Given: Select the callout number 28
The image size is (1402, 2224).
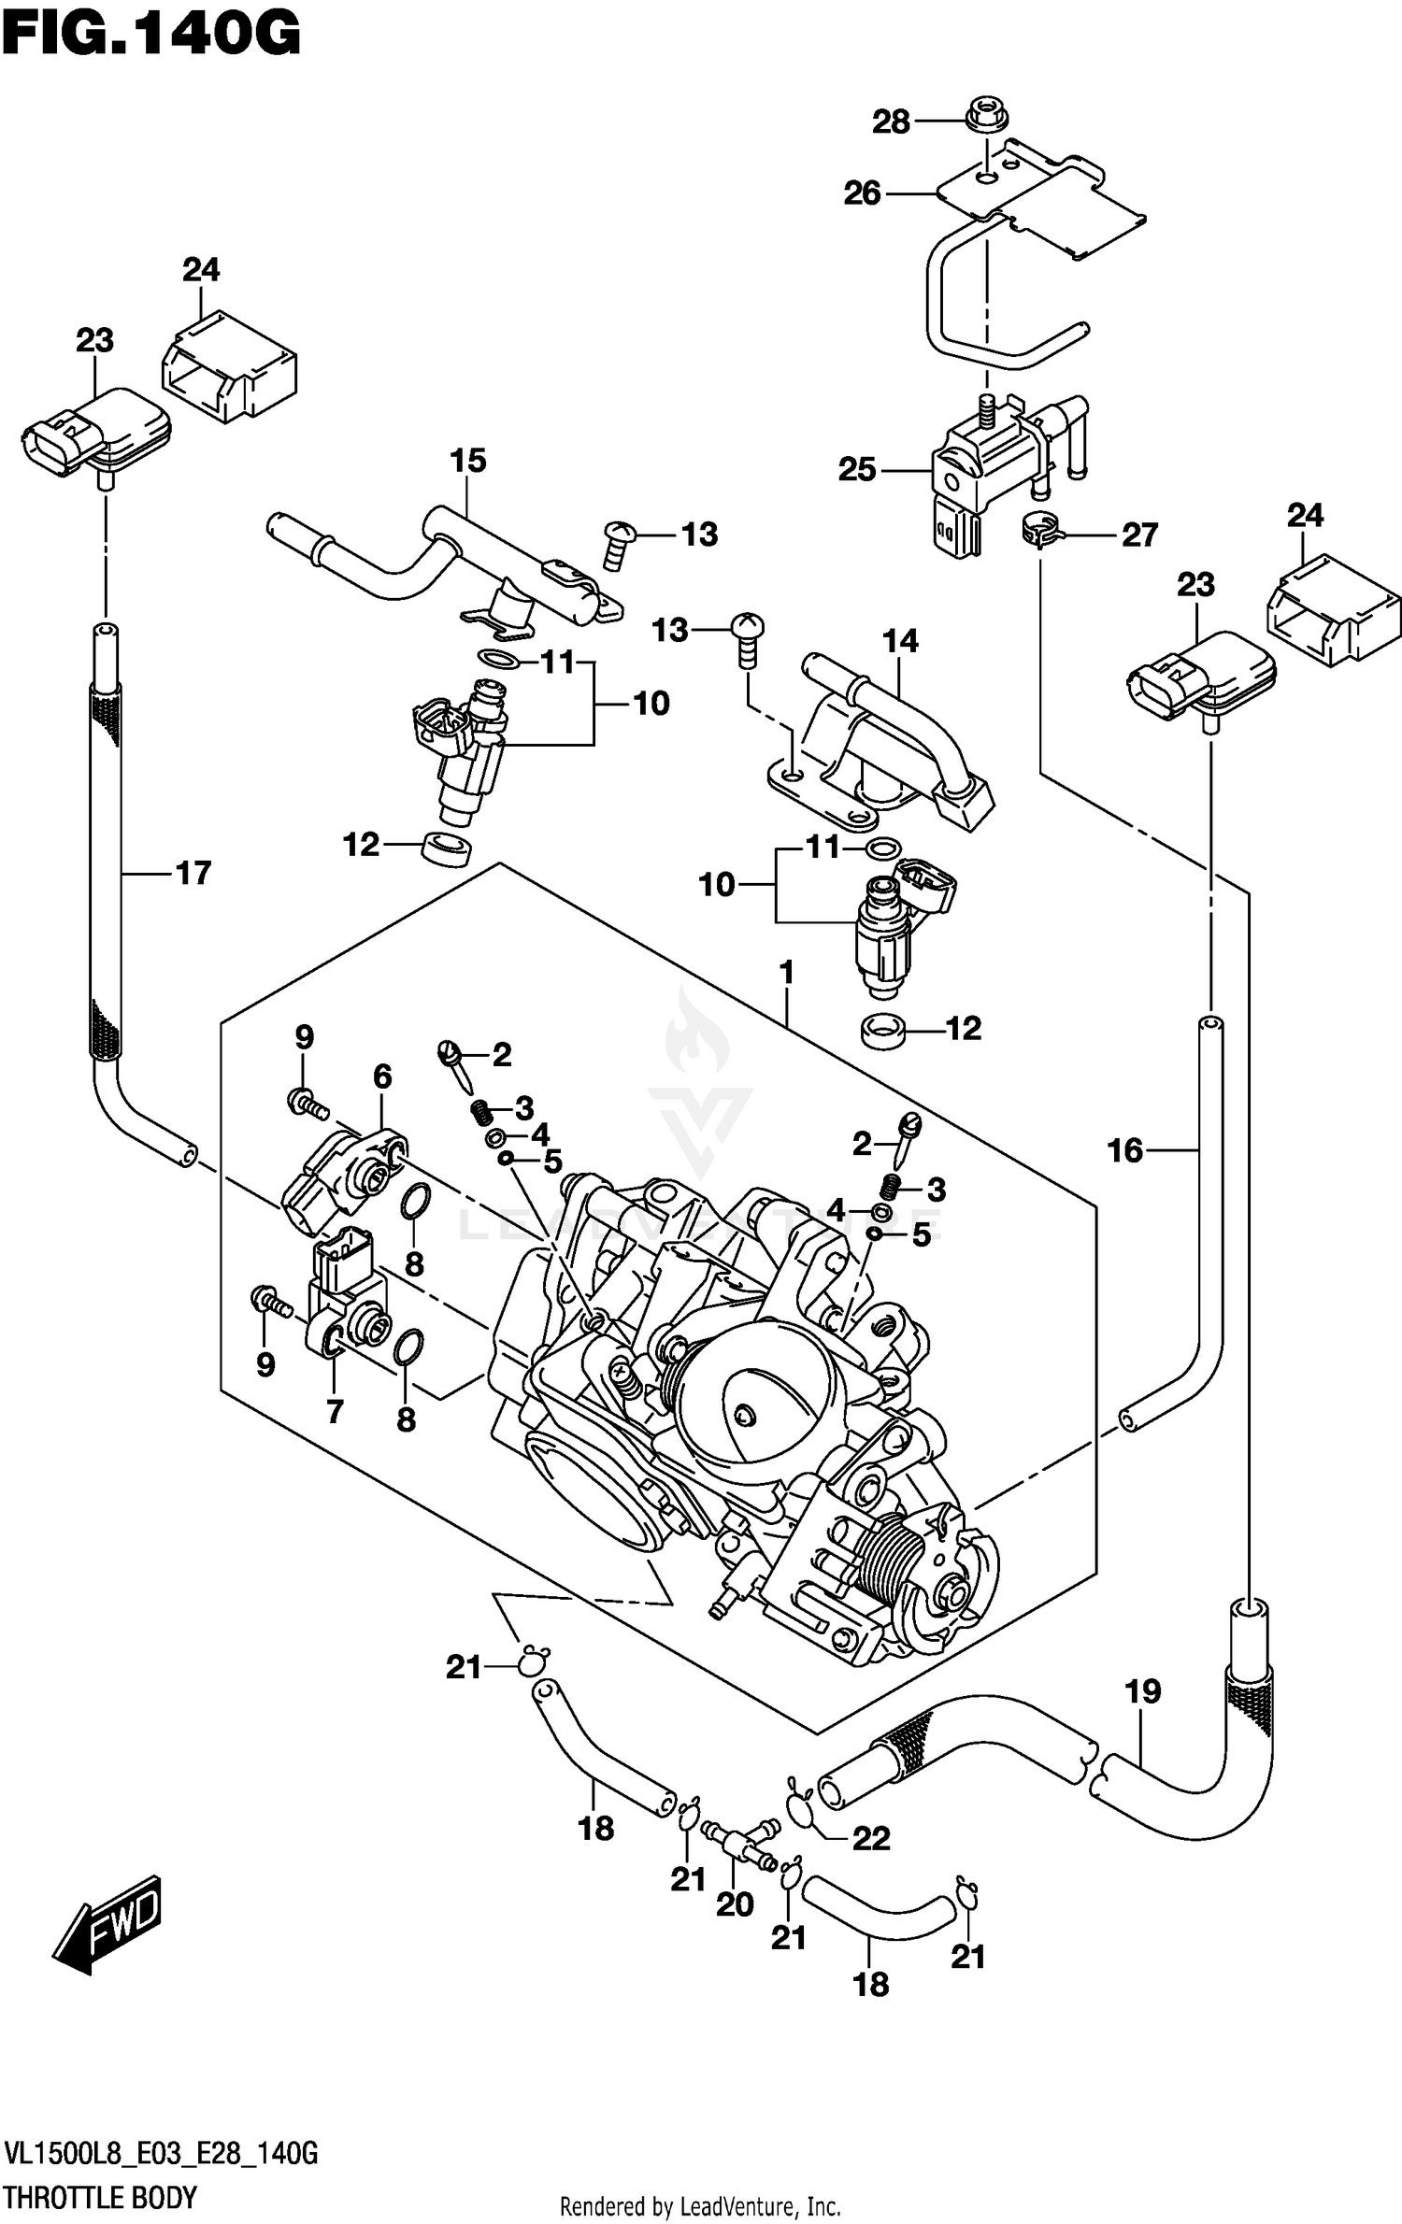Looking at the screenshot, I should [891, 121].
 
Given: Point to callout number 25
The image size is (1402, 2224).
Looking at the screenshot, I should [857, 469].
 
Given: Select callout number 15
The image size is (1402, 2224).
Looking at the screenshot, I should [468, 461].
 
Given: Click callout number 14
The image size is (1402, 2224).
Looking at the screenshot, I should [900, 641].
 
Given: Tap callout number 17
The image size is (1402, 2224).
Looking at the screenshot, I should [193, 874].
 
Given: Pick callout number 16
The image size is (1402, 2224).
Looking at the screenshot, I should [1124, 1151].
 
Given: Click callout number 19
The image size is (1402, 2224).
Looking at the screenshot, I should [1142, 1691].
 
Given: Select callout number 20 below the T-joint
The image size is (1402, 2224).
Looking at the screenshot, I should [735, 1904].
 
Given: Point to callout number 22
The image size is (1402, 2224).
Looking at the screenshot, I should [871, 1839].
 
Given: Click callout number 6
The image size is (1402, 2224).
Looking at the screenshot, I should [382, 1077].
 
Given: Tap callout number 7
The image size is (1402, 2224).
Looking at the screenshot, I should [335, 1411].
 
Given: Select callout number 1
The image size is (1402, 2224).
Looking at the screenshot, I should [786, 974].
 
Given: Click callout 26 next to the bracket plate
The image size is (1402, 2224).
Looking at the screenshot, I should [862, 193].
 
